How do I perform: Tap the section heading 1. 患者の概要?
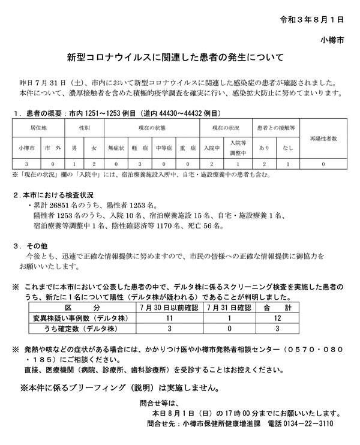[x=37, y=113]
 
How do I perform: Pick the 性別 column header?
[x=85, y=128]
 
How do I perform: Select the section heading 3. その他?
[x=30, y=246]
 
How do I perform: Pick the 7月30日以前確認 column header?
[x=170, y=308]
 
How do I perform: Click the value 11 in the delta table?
[x=170, y=318]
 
